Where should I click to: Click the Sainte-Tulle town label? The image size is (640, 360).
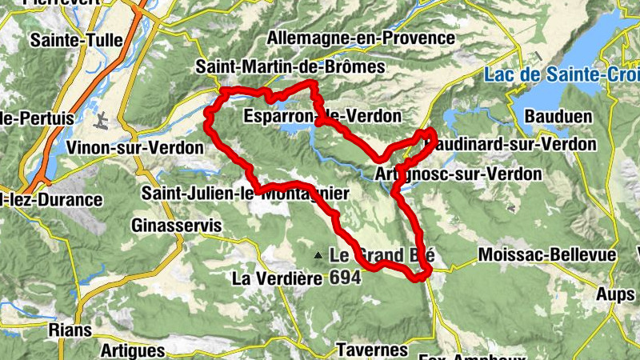pos(70,38)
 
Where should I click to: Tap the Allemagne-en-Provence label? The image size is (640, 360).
pos(362,38)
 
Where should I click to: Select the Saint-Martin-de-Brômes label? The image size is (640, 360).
pos(290,68)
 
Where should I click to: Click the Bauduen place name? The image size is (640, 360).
pos(558,117)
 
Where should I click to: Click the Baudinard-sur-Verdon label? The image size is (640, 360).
pos(512,145)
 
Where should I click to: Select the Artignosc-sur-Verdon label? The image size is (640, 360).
pos(458,174)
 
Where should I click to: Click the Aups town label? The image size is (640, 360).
pos(615,294)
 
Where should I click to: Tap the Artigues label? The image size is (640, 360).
pos(134,350)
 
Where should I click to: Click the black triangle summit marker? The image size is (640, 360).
pos(318,256)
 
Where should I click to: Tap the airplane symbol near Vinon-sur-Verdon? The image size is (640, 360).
pos(102,121)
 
